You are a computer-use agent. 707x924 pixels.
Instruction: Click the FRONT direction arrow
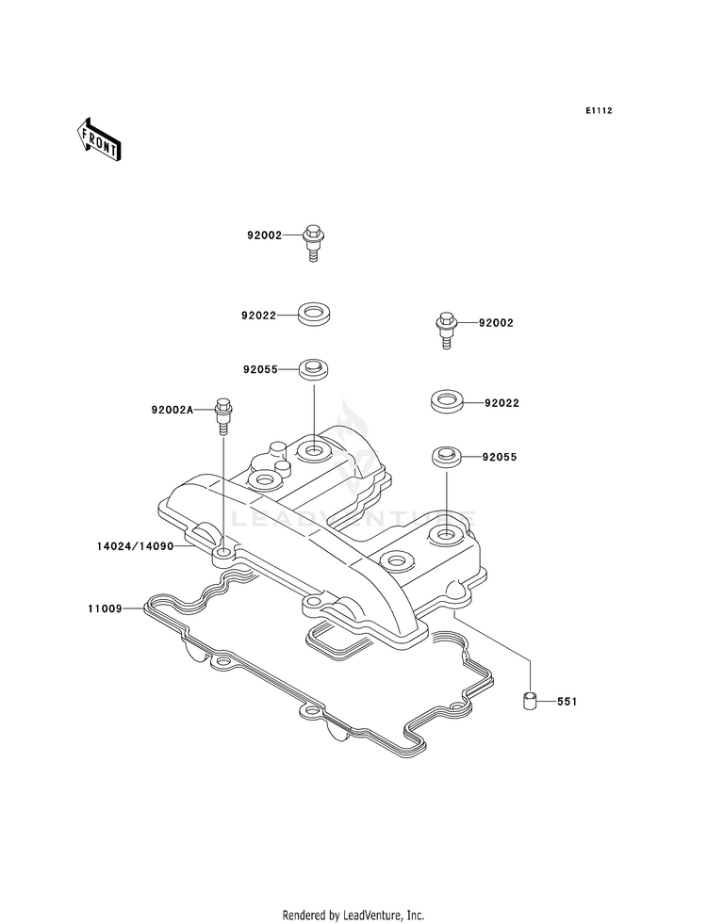coord(98,139)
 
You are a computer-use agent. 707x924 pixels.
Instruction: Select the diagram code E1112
coord(599,110)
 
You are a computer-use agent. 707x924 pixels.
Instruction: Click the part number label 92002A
coord(173,410)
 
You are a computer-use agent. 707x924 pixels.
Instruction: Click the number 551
coord(567,702)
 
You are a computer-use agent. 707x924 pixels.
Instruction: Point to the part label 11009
coord(105,608)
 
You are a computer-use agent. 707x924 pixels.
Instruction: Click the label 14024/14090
coord(136,546)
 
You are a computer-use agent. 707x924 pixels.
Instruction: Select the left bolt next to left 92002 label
coord(314,243)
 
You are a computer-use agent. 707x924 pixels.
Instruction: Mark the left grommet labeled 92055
coord(314,371)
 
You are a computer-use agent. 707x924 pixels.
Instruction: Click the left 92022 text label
coord(258,316)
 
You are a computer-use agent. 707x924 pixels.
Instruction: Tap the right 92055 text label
coord(500,457)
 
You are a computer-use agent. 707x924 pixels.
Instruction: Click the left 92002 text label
coord(264,235)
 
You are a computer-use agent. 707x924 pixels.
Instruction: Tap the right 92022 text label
coord(501,403)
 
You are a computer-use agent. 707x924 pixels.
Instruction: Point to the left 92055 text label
coord(260,369)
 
